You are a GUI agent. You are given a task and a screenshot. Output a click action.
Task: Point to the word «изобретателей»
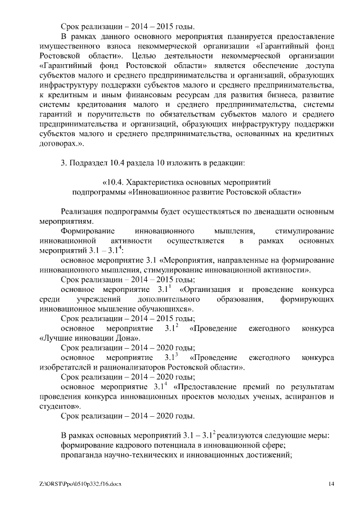[69, 367]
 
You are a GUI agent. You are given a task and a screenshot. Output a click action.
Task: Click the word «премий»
[254, 387]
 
